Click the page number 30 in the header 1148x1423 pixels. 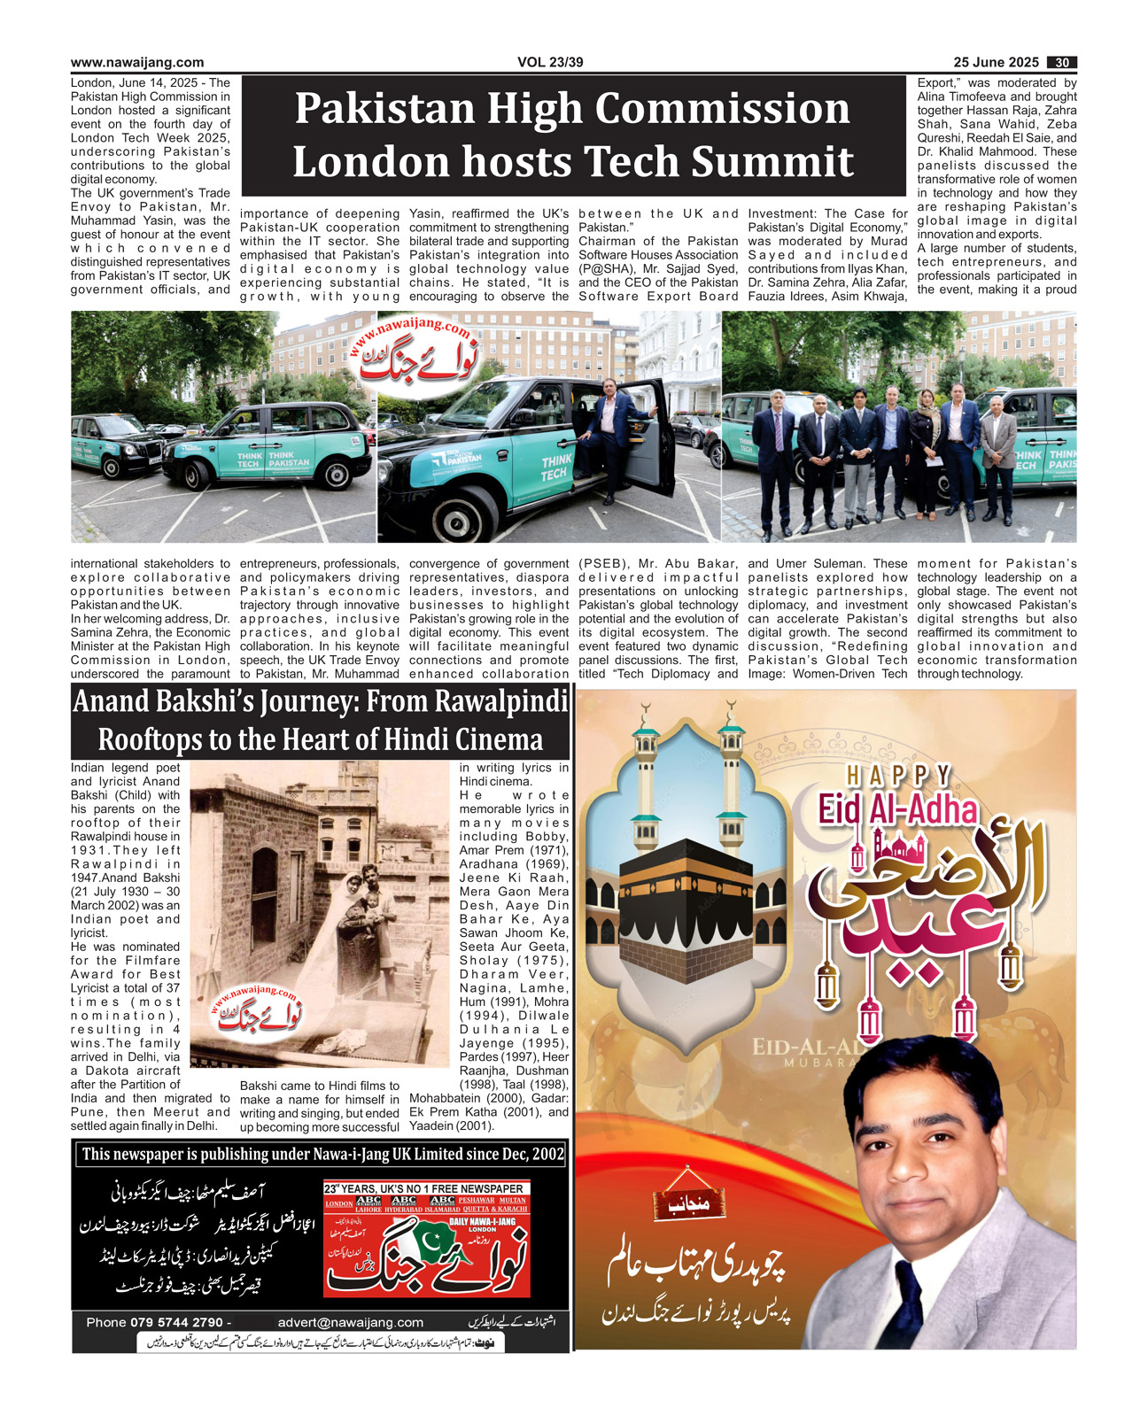1061,63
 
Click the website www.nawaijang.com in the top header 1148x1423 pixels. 137,63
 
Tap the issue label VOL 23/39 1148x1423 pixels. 550,63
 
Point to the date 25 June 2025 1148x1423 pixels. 996,63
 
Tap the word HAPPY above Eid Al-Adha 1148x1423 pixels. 898,777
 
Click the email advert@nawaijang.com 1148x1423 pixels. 351,1323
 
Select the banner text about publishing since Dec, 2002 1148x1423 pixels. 323,1154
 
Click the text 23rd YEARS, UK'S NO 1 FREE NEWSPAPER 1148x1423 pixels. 424,1188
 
